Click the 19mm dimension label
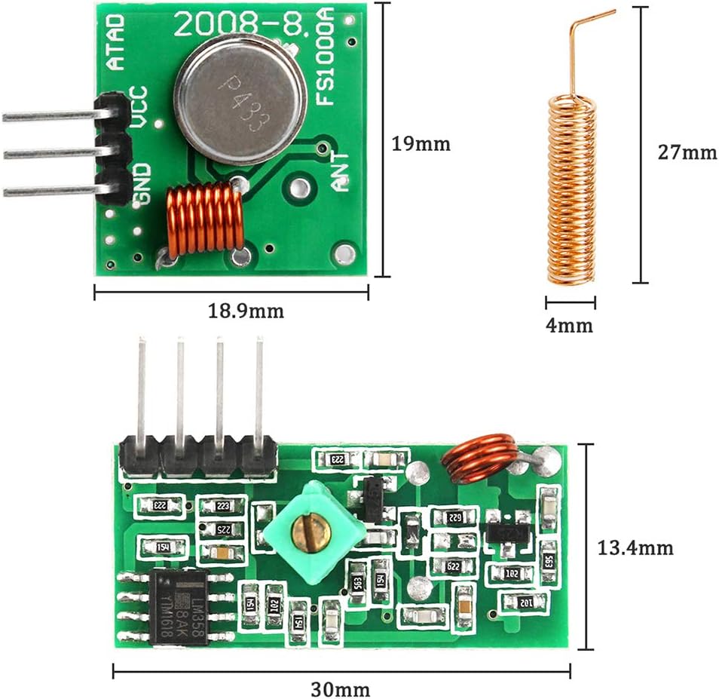pos(421,143)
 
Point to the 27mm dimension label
pos(687,152)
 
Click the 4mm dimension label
pos(571,326)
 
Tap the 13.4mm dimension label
pos(635,547)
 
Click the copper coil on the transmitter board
pos(204,220)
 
